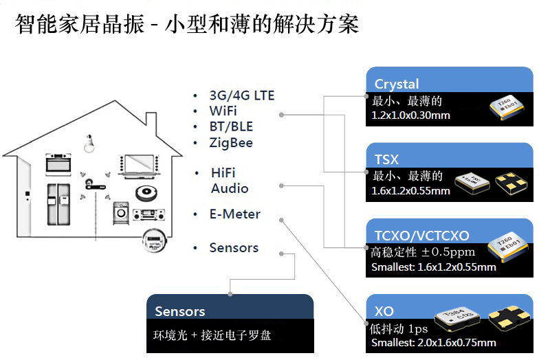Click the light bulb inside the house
click(88, 144)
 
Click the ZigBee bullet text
click(231, 143)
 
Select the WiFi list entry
click(224, 111)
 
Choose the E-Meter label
click(235, 214)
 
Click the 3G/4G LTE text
click(242, 95)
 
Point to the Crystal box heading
click(397, 84)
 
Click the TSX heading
click(386, 159)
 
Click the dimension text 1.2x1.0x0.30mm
click(410, 115)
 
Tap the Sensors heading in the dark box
click(179, 311)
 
